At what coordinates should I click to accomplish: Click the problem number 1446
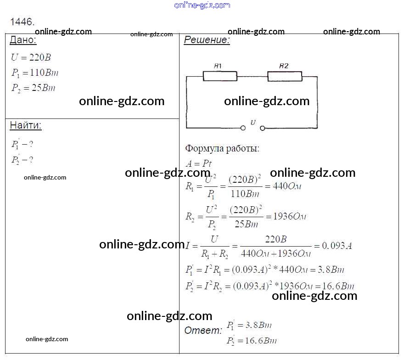[x=22, y=22]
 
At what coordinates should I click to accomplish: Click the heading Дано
[x=22, y=40]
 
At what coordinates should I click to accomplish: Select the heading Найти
[x=26, y=125]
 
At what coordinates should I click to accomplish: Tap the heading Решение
[x=207, y=40]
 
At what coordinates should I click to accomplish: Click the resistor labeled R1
[x=220, y=76]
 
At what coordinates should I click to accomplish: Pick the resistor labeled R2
[x=285, y=76]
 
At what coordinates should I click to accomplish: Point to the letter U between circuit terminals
[x=253, y=123]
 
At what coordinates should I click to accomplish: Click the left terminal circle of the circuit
[x=243, y=128]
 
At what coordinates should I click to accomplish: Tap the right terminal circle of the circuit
[x=263, y=128]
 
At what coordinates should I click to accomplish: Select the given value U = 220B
[x=31, y=58]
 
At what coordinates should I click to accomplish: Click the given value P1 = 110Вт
[x=35, y=73]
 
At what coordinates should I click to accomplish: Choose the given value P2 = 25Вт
[x=33, y=88]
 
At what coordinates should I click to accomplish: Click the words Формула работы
[x=222, y=148]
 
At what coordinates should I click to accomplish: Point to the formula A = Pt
[x=198, y=163]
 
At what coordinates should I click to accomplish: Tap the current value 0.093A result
[x=337, y=246]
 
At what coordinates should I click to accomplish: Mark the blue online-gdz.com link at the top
[x=202, y=5]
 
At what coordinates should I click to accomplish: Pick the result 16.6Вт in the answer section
[x=261, y=341]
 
